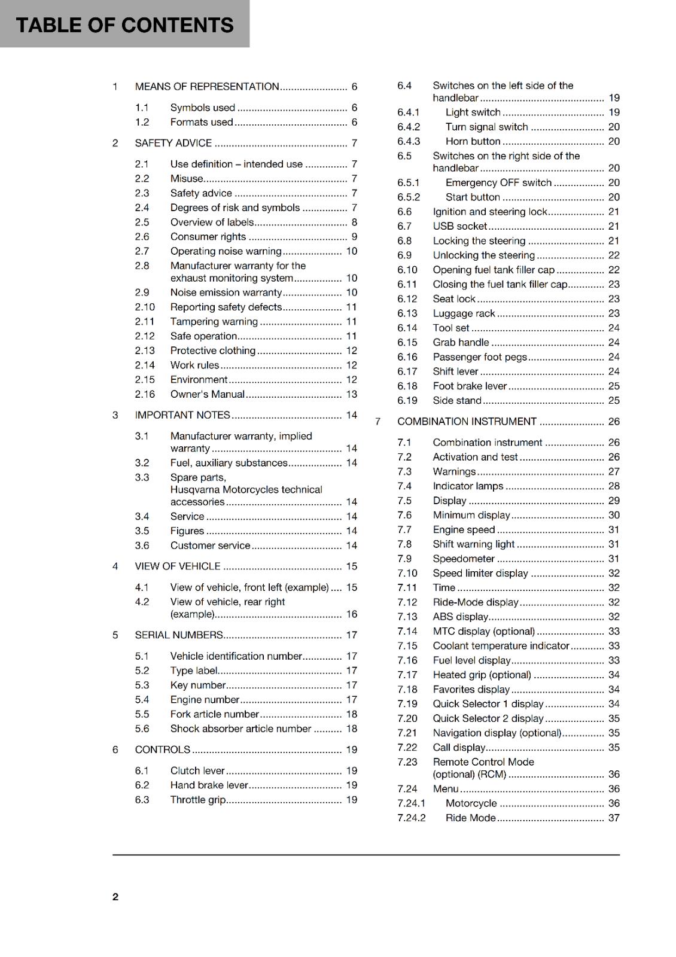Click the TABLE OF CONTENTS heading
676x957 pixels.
pos(124,25)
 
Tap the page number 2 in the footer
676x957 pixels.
pos(115,897)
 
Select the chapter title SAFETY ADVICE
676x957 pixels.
pos(173,143)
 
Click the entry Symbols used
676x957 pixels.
pos(202,108)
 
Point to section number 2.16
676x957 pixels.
pos(145,394)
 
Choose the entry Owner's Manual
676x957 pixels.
pos(207,394)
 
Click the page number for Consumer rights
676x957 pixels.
pos(354,237)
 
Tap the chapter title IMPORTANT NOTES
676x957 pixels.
pos(182,415)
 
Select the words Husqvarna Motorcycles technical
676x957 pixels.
pos(246,489)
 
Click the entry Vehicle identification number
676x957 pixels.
pos(236,656)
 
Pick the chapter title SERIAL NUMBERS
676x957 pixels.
pos(179,635)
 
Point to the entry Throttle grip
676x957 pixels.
pos(198,800)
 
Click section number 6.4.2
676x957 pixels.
pos(409,127)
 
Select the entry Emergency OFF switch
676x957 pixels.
pos(498,182)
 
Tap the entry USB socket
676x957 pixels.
pos(459,226)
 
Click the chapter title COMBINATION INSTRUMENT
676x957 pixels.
pos(467,422)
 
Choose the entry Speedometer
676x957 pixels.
pos(464,559)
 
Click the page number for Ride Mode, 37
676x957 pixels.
pos(614,818)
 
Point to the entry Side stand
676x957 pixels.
pos(457,401)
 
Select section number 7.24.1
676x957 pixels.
pos(411,803)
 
